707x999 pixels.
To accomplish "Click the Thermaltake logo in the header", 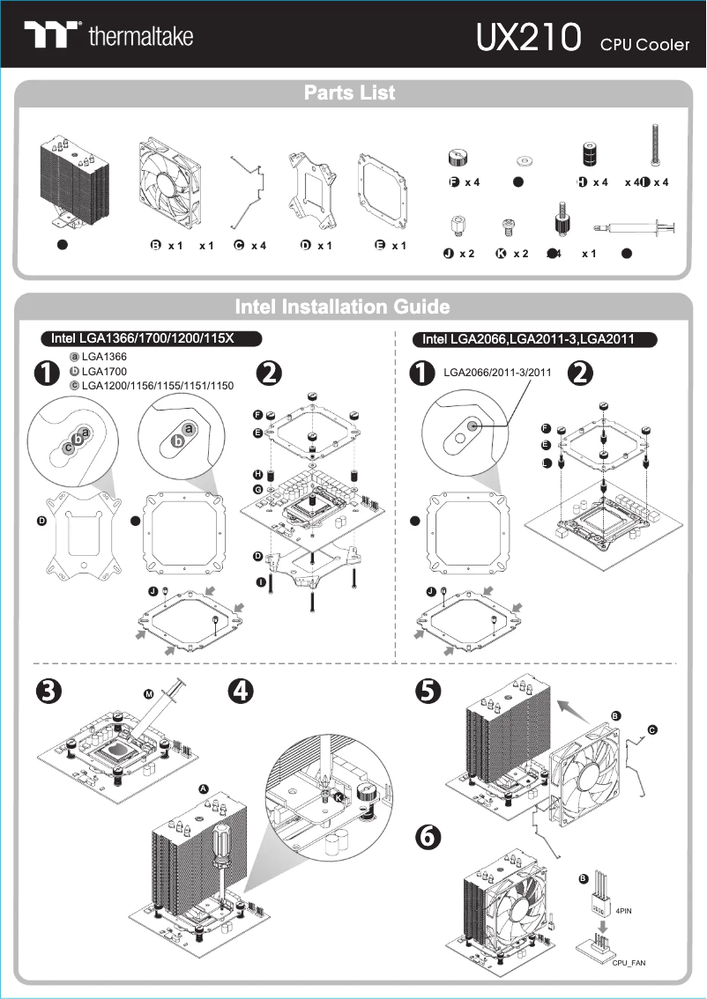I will [x=108, y=36].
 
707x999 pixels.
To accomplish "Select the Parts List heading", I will [x=350, y=92].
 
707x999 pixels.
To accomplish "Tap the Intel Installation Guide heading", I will [x=342, y=307].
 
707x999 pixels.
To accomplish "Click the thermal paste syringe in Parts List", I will [x=635, y=231].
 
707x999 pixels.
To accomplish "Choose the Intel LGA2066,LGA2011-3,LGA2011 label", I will [x=528, y=338].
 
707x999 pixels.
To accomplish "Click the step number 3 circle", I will [x=47, y=692].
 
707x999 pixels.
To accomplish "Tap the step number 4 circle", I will [x=241, y=692].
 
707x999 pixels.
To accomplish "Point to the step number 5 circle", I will [x=428, y=692].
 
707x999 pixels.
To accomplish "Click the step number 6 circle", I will [x=428, y=838].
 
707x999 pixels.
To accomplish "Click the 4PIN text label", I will [x=624, y=911].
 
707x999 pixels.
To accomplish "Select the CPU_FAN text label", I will [x=629, y=963].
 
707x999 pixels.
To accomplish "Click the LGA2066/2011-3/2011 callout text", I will [x=496, y=372].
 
